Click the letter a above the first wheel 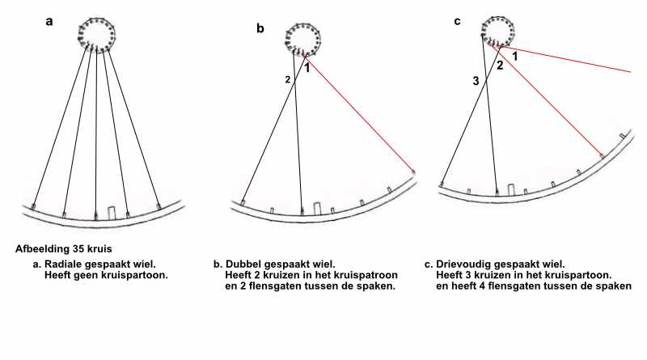coord(49,22)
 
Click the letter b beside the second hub coord(260,28)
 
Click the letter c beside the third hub coord(457,21)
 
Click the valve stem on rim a coord(112,212)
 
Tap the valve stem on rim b coord(317,209)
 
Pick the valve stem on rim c coord(511,190)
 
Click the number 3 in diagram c coord(476,81)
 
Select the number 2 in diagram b coord(288,80)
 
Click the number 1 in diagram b coord(307,68)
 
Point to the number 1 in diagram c coord(514,57)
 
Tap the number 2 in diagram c coord(500,66)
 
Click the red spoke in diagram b coord(360,113)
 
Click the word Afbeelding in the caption coord(42,249)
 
